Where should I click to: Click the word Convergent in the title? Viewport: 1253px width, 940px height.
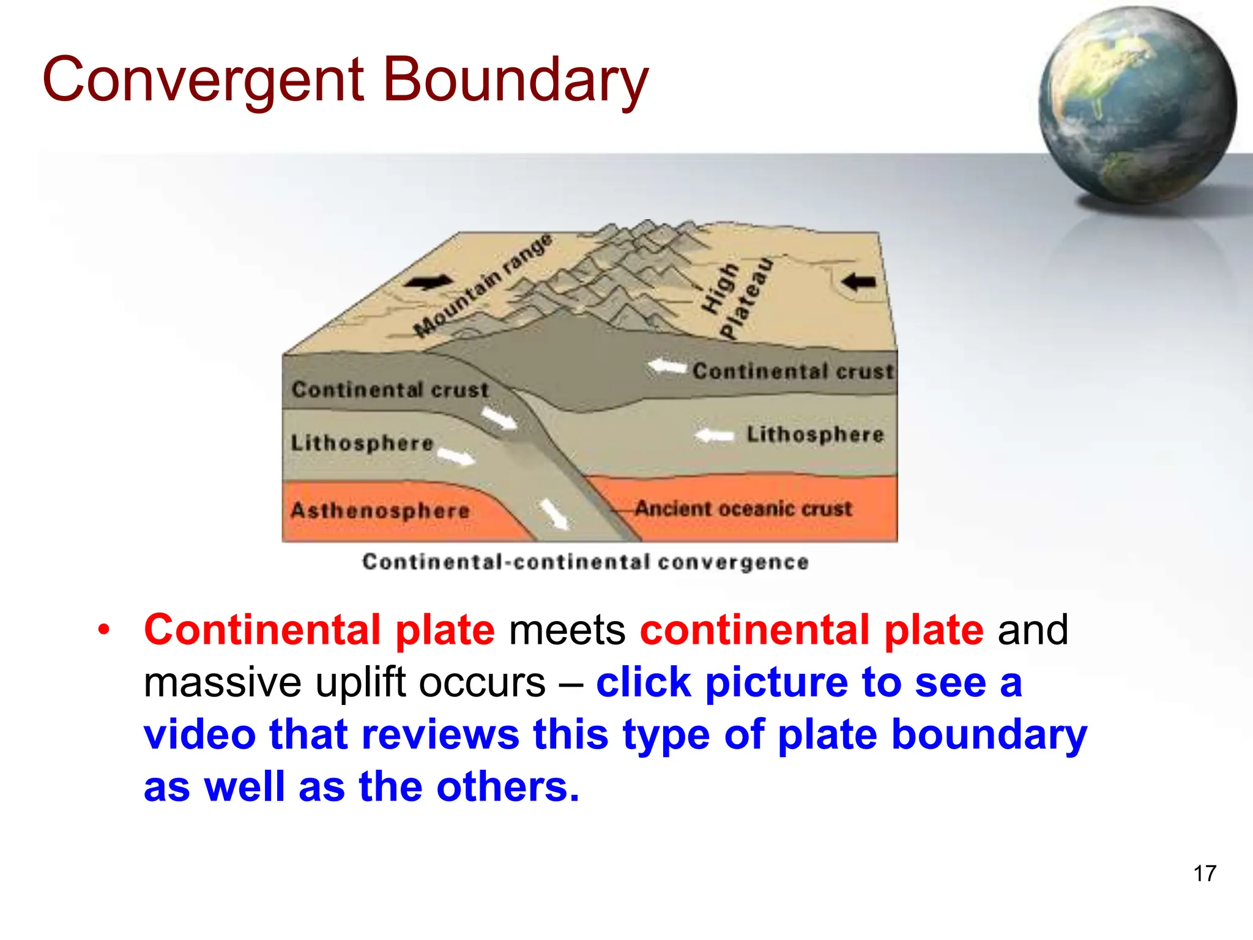pos(204,80)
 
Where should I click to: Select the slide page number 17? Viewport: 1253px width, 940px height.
pos(1204,873)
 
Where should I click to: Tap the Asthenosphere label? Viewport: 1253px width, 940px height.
pos(380,510)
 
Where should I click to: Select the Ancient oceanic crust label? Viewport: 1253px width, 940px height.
pos(743,509)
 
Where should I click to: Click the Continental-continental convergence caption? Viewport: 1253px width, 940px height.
pos(585,562)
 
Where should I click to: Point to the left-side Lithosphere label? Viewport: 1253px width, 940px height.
pos(362,442)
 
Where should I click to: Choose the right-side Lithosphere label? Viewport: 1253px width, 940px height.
pos(815,435)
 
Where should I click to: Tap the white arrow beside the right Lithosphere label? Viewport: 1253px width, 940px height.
pos(714,436)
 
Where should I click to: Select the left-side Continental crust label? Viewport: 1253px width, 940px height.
pos(390,390)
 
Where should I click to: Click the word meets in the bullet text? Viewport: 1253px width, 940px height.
pos(567,630)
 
